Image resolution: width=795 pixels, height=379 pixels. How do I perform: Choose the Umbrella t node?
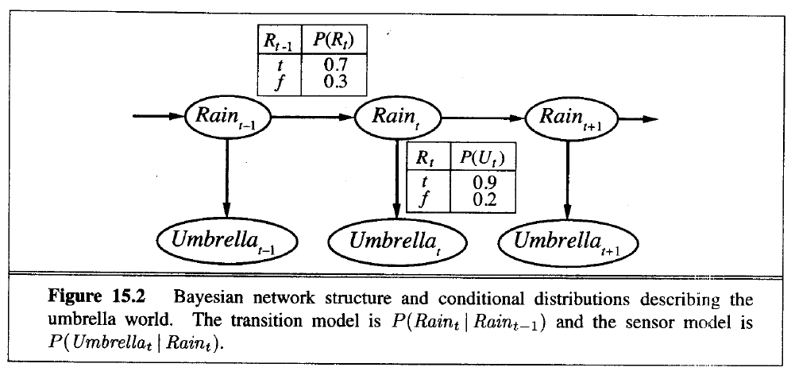pyautogui.click(x=395, y=237)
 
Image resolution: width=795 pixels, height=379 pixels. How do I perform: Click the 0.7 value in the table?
pyautogui.click(x=333, y=64)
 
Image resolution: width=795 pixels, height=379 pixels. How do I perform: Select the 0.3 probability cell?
pyautogui.click(x=333, y=81)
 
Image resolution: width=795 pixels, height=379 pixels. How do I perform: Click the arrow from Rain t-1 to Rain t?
pyautogui.click(x=314, y=119)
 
